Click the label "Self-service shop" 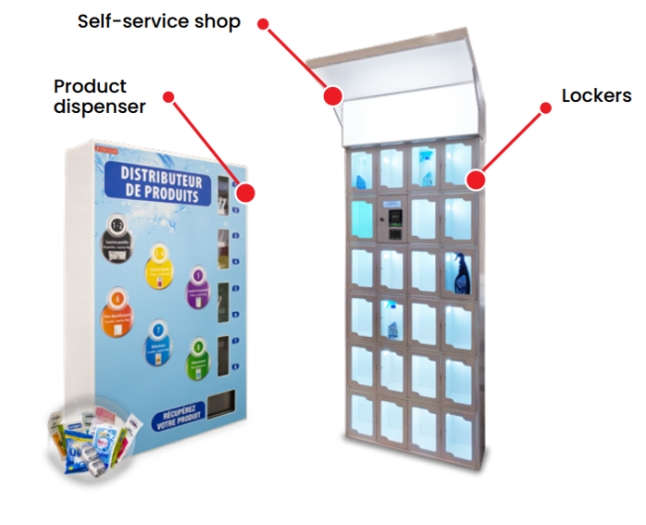tap(159, 21)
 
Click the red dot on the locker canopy tap(333, 96)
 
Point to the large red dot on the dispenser tap(246, 193)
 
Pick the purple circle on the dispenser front tap(197, 290)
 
